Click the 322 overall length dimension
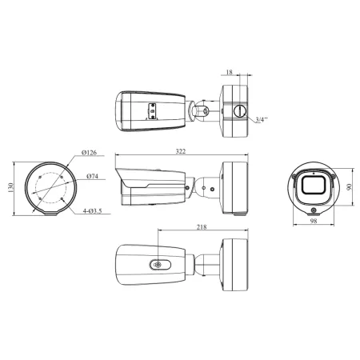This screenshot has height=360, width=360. [x=181, y=151]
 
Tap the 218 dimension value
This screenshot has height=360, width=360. [x=202, y=227]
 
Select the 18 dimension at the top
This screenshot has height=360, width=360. [x=229, y=72]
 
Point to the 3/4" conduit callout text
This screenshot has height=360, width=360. [x=262, y=119]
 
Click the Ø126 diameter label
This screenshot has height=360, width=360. [x=89, y=153]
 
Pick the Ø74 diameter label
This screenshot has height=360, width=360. [x=92, y=176]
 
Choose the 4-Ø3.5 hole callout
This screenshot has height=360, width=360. [x=92, y=211]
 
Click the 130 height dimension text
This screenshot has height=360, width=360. [x=10, y=188]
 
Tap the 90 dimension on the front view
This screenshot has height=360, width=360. [x=349, y=187]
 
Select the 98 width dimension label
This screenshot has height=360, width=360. [x=314, y=221]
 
